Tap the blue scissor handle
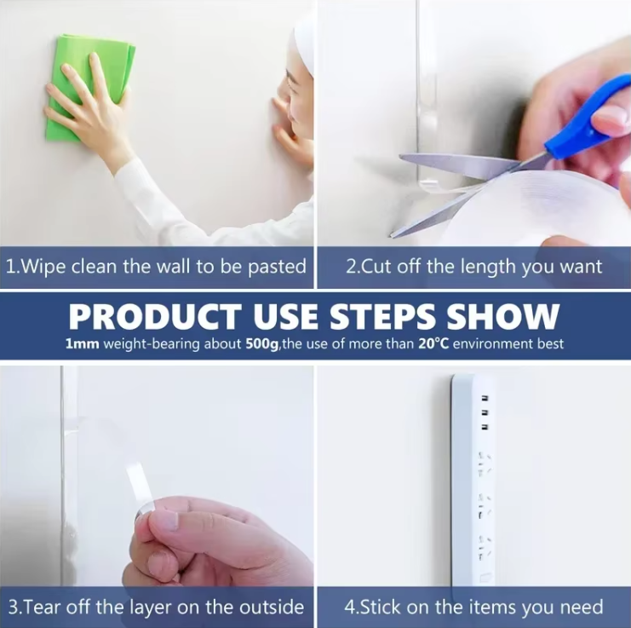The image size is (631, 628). (x=588, y=117)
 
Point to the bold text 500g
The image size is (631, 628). (x=262, y=344)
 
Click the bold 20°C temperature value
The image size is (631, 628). (x=433, y=343)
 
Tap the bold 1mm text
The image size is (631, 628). (x=82, y=344)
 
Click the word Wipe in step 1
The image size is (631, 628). (x=43, y=267)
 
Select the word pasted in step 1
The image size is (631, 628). (x=277, y=268)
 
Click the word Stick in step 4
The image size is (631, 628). (x=379, y=607)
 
